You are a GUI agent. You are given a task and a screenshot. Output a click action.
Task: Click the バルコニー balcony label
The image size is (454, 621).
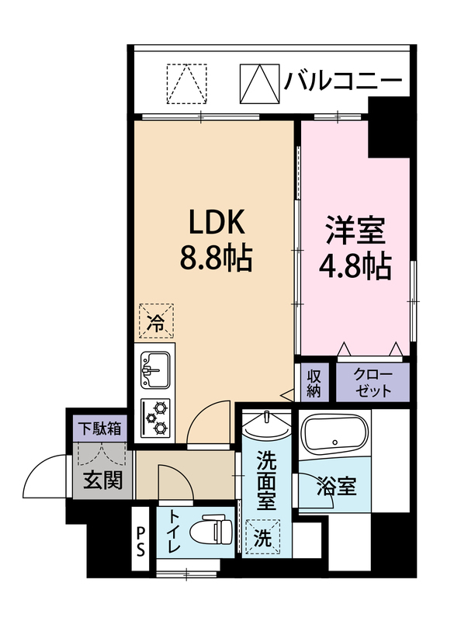coord(342,82)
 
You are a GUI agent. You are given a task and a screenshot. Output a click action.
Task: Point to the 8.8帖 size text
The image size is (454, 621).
coord(216,258)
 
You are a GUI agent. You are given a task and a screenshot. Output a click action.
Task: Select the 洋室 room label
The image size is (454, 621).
coord(355,231)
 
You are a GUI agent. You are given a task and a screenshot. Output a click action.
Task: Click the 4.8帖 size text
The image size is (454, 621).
coord(355,266)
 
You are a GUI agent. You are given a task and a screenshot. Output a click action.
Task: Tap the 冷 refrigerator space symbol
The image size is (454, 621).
coord(156,321)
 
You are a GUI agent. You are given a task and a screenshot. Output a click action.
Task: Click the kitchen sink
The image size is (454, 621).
coord(156,370)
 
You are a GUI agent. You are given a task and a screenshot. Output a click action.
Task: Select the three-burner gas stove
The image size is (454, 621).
coord(156,418)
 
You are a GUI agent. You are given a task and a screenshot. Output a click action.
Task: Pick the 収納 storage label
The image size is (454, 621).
coord(314,383)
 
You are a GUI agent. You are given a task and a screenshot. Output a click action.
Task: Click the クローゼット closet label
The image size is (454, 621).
coord(373,383)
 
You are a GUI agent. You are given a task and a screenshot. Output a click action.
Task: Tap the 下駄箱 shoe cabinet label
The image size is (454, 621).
coord(99,428)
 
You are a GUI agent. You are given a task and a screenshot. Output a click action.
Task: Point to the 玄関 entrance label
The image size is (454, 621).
coord(102,480)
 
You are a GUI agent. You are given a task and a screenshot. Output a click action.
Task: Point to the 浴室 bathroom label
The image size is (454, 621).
coord(337,486)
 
